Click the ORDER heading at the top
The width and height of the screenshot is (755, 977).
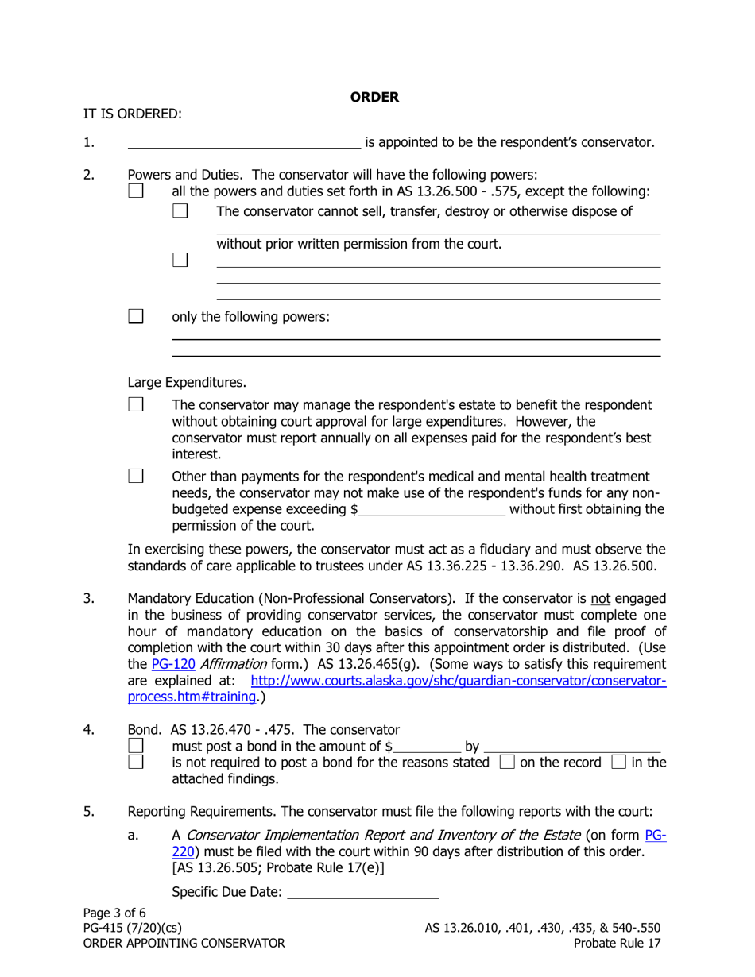pyautogui.click(x=374, y=98)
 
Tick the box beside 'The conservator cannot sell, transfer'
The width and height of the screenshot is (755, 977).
pyautogui.click(x=180, y=211)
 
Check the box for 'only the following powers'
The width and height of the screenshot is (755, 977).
pyautogui.click(x=136, y=316)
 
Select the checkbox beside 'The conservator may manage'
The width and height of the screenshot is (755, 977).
pyautogui.click(x=136, y=405)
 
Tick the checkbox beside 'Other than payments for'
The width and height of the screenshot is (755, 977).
pyautogui.click(x=136, y=477)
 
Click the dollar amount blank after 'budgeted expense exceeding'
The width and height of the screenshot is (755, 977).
pyautogui.click(x=432, y=511)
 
